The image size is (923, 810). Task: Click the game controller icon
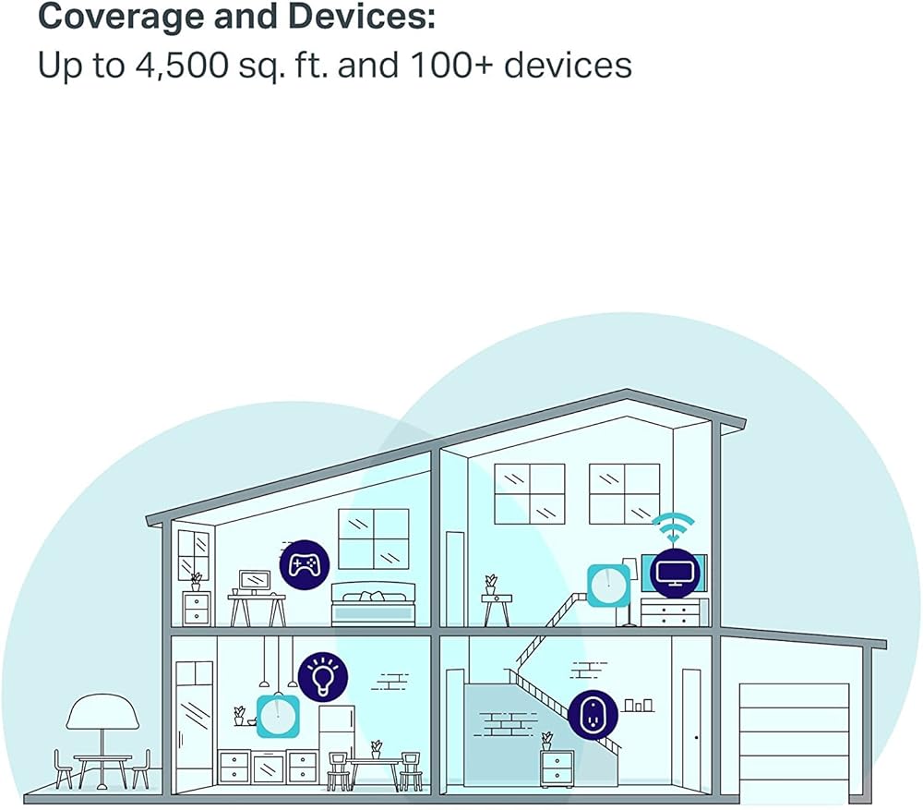point(305,565)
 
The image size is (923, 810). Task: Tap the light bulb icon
point(322,676)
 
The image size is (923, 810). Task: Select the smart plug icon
point(593,715)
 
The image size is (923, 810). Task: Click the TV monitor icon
point(675,573)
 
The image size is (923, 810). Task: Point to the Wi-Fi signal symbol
point(674,527)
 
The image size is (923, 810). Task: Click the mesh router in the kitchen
point(278,716)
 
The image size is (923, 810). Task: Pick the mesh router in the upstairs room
point(608,585)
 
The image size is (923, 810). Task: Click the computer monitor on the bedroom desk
point(255,580)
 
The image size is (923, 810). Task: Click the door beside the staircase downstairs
point(691,728)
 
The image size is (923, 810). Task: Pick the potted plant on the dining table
point(376,750)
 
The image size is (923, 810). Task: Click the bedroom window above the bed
point(373,539)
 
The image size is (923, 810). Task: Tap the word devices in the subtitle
point(568,65)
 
